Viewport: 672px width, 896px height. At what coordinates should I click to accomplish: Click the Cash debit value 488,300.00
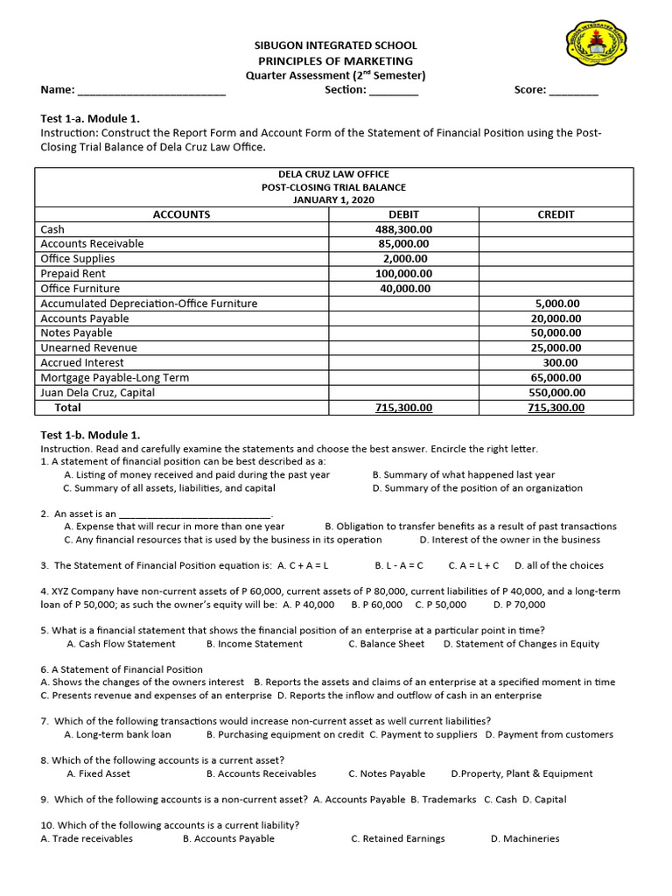(x=403, y=229)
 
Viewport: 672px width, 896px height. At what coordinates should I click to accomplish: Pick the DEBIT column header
(x=403, y=214)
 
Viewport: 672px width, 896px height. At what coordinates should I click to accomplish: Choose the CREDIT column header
(x=556, y=214)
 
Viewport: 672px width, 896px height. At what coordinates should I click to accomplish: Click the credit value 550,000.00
(x=556, y=393)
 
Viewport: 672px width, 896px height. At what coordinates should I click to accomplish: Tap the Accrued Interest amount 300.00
(x=559, y=363)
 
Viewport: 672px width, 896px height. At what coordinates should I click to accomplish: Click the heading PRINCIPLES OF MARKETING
(x=335, y=60)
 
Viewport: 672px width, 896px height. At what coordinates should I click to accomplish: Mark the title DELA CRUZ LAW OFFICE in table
(x=333, y=175)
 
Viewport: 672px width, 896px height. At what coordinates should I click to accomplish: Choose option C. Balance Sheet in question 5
(x=386, y=644)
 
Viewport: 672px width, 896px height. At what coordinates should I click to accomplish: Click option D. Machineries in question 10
(x=525, y=839)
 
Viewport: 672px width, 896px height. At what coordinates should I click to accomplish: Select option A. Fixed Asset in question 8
(x=98, y=774)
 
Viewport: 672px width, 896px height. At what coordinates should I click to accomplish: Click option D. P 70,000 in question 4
(x=519, y=605)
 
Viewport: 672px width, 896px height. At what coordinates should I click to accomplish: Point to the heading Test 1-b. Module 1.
(x=90, y=435)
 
